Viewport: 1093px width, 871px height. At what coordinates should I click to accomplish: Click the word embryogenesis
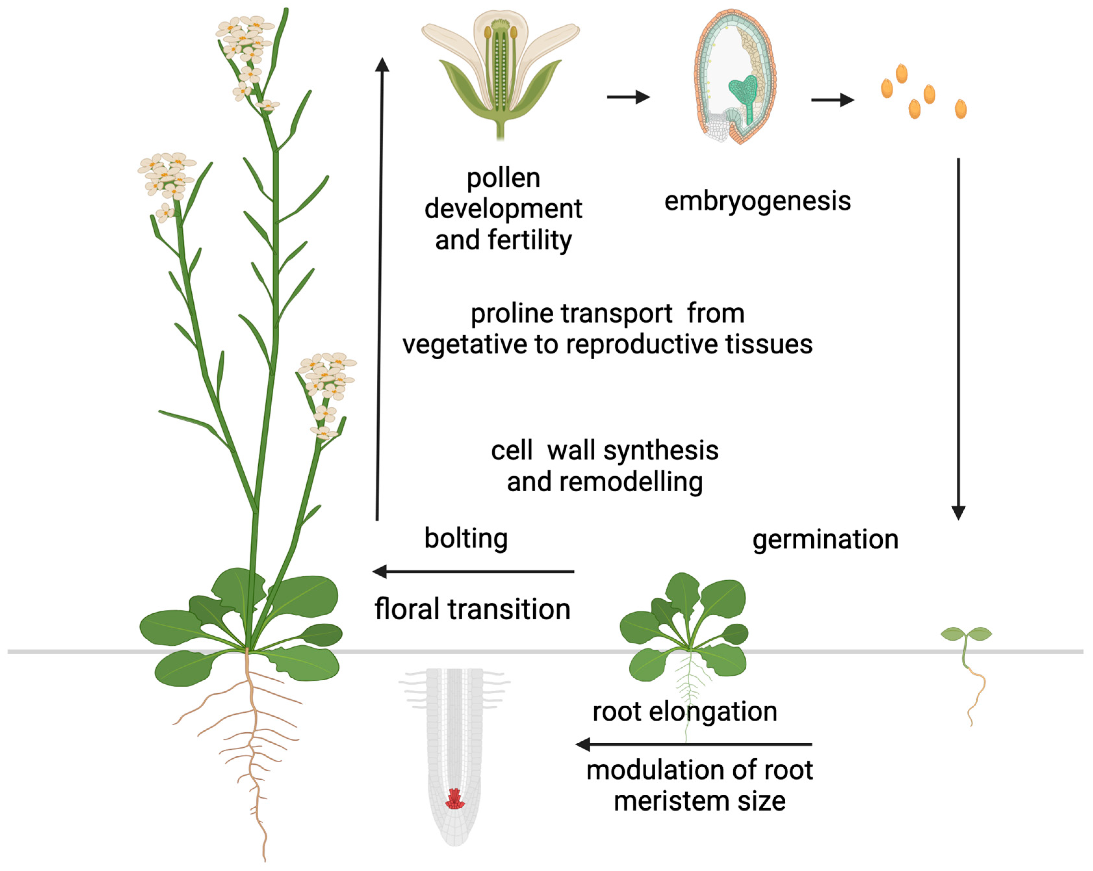(x=757, y=201)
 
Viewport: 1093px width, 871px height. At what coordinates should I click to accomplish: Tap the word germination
(x=825, y=539)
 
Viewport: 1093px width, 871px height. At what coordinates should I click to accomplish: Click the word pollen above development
(x=503, y=178)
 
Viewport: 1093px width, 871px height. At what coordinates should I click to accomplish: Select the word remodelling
(x=604, y=482)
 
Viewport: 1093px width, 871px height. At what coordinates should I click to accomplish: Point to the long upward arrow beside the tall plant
(x=380, y=289)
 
